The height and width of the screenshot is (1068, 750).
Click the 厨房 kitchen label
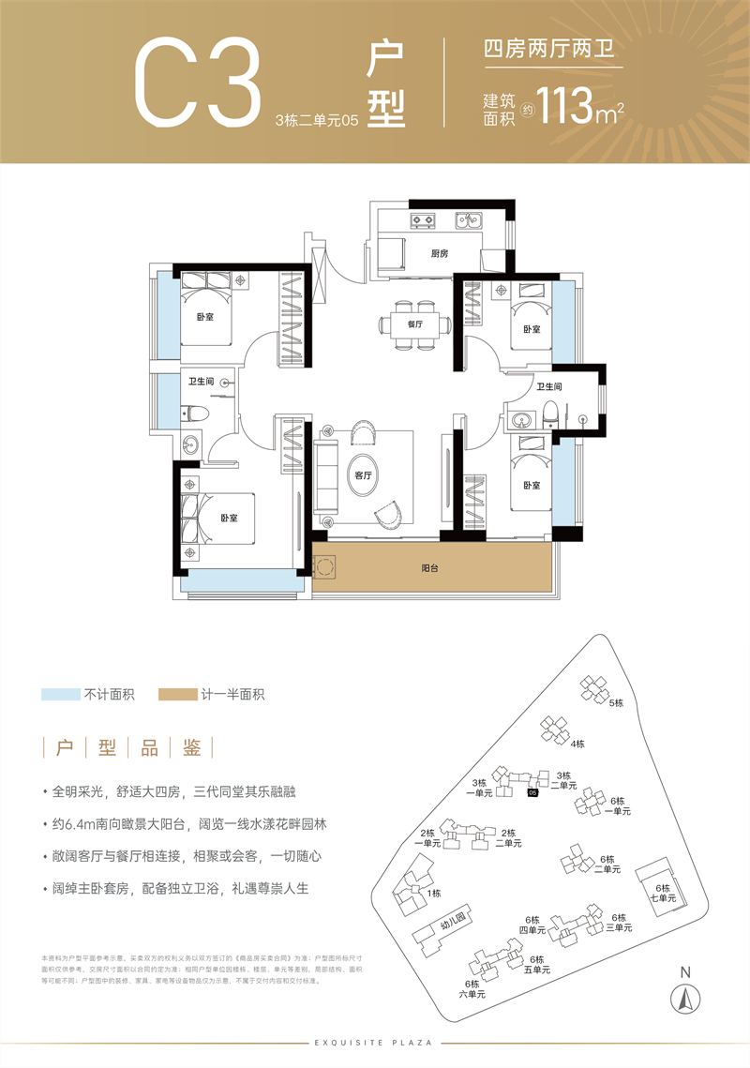click(x=440, y=254)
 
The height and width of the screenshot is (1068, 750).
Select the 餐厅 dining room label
click(x=415, y=323)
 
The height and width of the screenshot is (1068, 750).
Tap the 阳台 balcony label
click(x=431, y=568)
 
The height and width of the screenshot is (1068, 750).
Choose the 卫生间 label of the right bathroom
click(x=548, y=386)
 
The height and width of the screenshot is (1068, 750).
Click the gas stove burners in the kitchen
click(x=424, y=222)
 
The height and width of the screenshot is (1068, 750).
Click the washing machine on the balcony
click(x=325, y=567)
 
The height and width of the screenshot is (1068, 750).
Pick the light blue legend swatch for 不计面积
click(x=60, y=695)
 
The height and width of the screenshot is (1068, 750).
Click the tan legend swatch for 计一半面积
click(x=177, y=695)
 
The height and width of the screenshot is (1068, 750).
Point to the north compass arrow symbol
click(x=685, y=997)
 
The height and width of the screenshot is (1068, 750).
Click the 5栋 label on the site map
click(x=615, y=702)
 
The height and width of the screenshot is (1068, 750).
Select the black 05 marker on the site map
click(x=532, y=793)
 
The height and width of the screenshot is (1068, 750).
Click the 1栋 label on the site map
click(x=433, y=894)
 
